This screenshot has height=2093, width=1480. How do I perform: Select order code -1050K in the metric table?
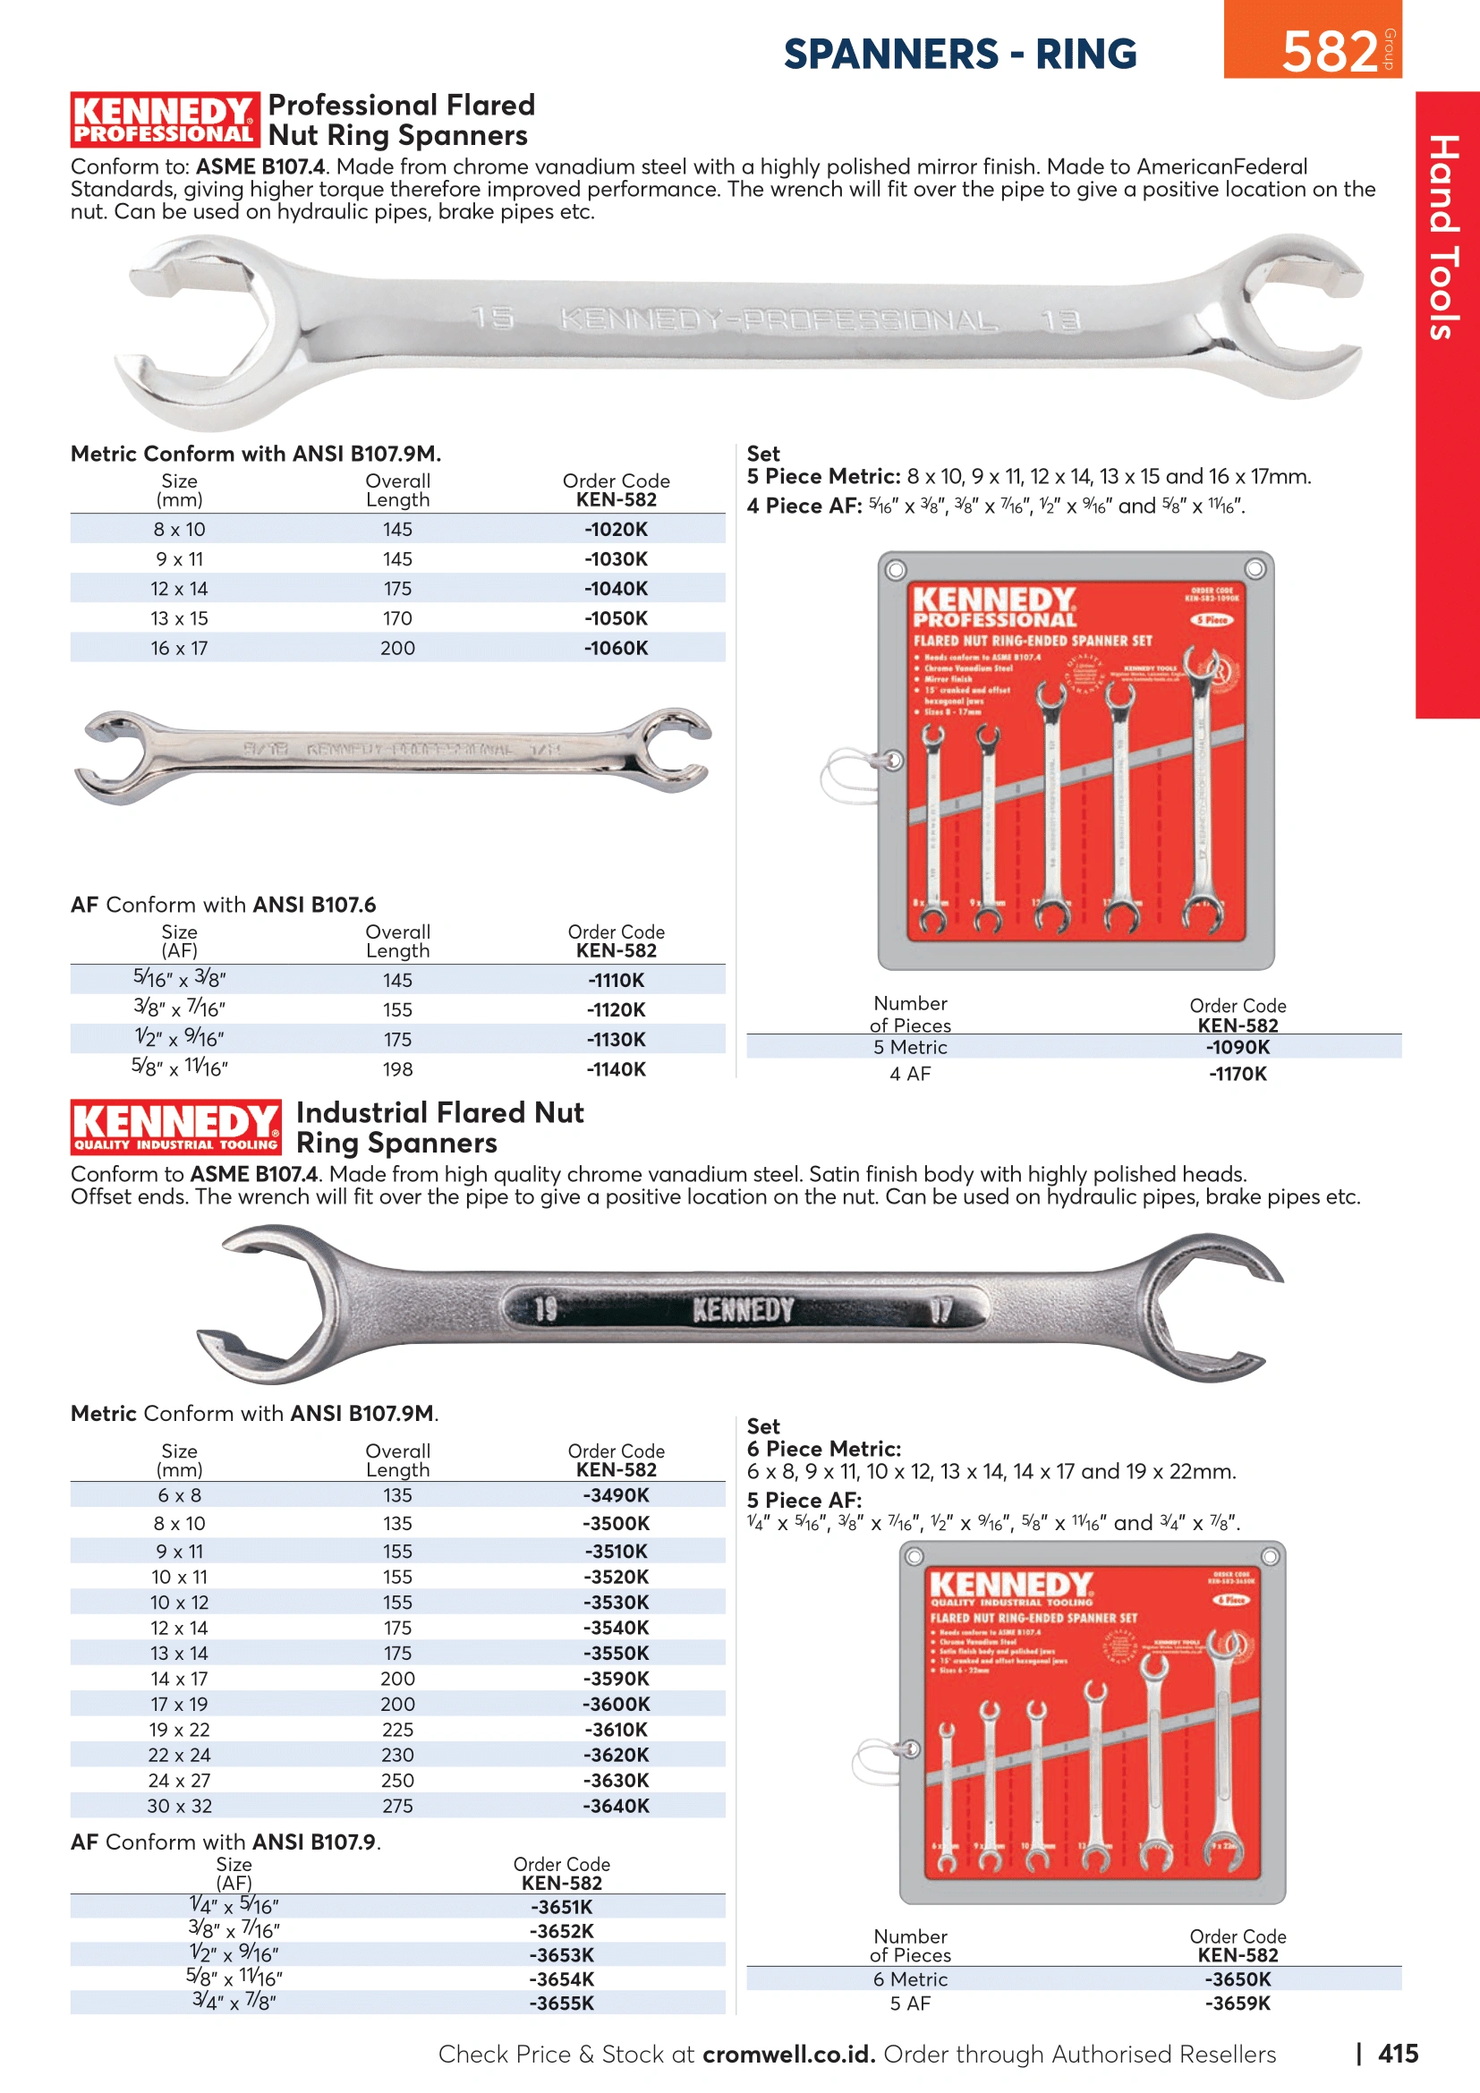pos(616,618)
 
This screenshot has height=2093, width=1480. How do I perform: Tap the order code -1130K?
pos(616,1039)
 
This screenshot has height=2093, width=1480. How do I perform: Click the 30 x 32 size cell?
pos(180,1806)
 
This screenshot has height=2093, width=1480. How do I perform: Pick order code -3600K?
pos(616,1704)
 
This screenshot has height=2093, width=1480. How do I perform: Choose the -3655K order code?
pos(561,2003)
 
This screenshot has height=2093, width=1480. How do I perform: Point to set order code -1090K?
pos(1237,1048)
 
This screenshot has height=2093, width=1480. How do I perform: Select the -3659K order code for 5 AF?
pos(1237,2003)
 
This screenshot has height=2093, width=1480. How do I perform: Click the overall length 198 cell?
pos(397,1069)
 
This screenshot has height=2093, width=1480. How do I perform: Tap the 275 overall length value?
pos(397,1806)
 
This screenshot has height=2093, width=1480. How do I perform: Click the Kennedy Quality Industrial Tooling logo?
pos(176,1127)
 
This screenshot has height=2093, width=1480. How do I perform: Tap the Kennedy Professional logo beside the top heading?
pos(164,119)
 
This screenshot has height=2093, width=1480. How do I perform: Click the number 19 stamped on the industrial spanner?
pos(545,1310)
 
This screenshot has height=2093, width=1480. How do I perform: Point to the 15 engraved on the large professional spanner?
pos(493,319)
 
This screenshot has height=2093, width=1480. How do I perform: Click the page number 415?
pos(1397,2053)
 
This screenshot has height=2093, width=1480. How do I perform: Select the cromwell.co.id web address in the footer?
pos(788,2054)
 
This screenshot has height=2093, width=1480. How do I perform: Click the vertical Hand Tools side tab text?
pos(1444,237)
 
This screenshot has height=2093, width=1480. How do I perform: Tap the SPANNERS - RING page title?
pos(959,54)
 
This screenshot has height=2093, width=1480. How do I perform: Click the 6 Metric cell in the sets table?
pos(909,1979)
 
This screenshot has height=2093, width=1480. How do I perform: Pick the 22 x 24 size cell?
pos(180,1755)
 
